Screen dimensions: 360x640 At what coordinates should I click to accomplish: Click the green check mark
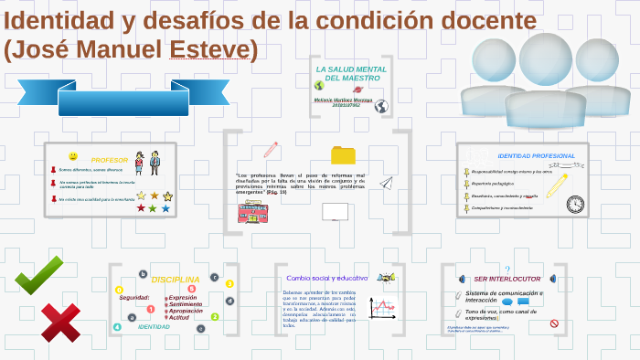[38, 274]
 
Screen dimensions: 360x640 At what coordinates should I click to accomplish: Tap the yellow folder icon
[343, 154]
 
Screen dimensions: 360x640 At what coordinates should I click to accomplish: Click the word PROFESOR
[110, 160]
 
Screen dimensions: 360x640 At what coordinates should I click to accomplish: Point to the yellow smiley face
[73, 156]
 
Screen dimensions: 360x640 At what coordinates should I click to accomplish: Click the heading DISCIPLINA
[175, 279]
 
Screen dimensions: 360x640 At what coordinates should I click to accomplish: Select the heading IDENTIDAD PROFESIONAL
[536, 155]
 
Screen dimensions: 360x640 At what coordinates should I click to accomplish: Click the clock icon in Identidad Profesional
[574, 204]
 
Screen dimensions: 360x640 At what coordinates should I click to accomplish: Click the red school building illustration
[252, 213]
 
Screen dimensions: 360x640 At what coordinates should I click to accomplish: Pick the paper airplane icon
[386, 182]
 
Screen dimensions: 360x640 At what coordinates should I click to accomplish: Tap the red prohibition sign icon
[553, 323]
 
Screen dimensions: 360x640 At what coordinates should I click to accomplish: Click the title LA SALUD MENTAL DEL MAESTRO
[351, 73]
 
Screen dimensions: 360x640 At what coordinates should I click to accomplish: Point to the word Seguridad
[133, 297]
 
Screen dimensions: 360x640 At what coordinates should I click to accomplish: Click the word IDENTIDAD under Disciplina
[154, 326]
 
